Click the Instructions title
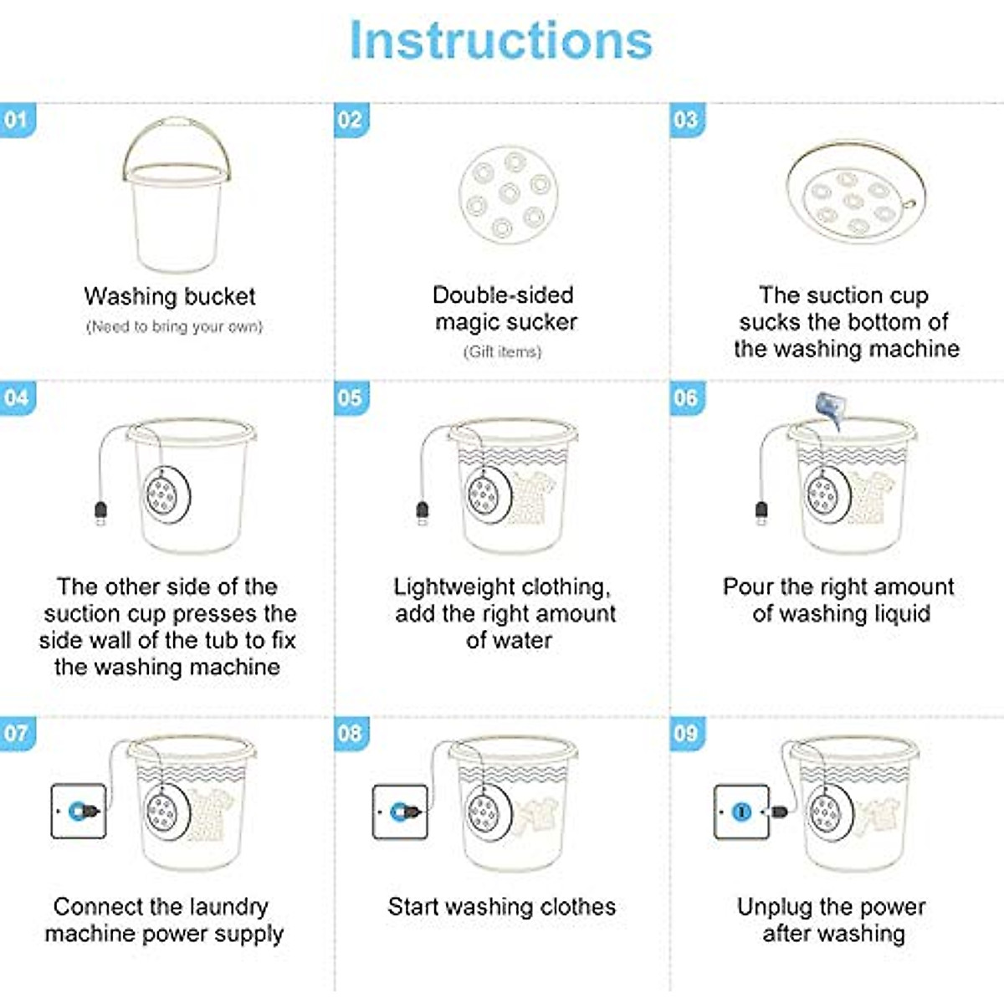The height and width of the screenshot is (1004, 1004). (x=500, y=40)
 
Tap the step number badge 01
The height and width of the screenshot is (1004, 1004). (x=17, y=120)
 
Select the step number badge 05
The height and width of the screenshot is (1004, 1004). (x=351, y=397)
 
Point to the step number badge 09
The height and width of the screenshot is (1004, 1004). (x=686, y=734)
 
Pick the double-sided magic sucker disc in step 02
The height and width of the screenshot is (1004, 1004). (x=508, y=194)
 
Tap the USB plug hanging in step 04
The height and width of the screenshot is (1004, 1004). (x=100, y=511)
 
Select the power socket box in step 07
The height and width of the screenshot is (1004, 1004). (x=79, y=811)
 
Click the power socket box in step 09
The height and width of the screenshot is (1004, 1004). (x=741, y=811)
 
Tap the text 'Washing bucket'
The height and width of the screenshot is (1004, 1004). (x=170, y=296)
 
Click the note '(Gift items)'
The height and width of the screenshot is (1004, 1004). (x=503, y=352)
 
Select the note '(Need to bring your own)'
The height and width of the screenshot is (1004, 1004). (x=174, y=327)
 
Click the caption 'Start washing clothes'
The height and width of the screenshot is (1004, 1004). (x=502, y=907)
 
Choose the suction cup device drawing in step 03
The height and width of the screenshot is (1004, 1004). (x=855, y=194)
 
